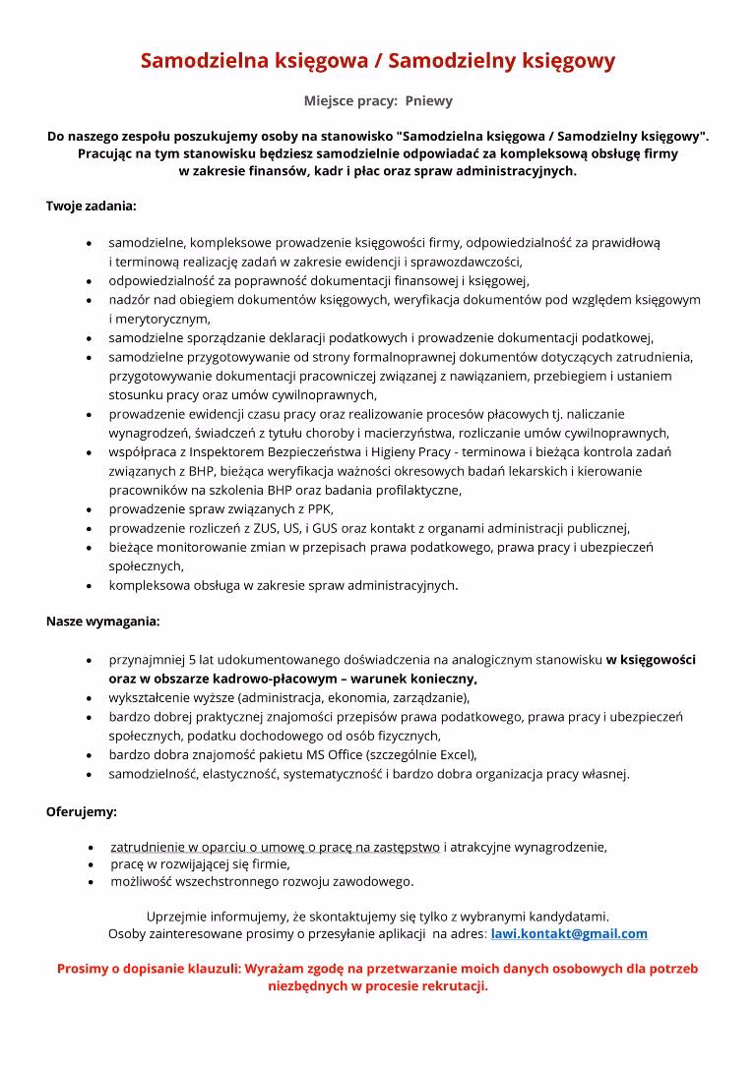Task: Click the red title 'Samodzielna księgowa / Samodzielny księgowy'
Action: coord(378,61)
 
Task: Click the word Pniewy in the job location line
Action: coord(429,100)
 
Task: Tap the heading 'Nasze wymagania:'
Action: coord(103,622)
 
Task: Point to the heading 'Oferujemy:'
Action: coord(82,811)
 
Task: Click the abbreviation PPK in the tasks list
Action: coord(319,508)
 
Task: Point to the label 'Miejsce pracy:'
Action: coord(349,100)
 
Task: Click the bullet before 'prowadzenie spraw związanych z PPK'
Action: coord(91,509)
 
